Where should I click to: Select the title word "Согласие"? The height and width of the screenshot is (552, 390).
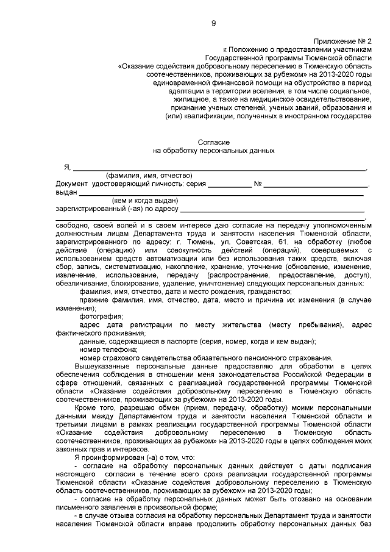tap(213, 141)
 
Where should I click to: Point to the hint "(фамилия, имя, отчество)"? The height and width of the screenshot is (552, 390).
tap(149, 176)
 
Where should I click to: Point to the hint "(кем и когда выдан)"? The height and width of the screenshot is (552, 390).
tap(144, 200)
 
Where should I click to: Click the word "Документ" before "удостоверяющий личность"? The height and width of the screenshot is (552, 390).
tap(71, 184)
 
